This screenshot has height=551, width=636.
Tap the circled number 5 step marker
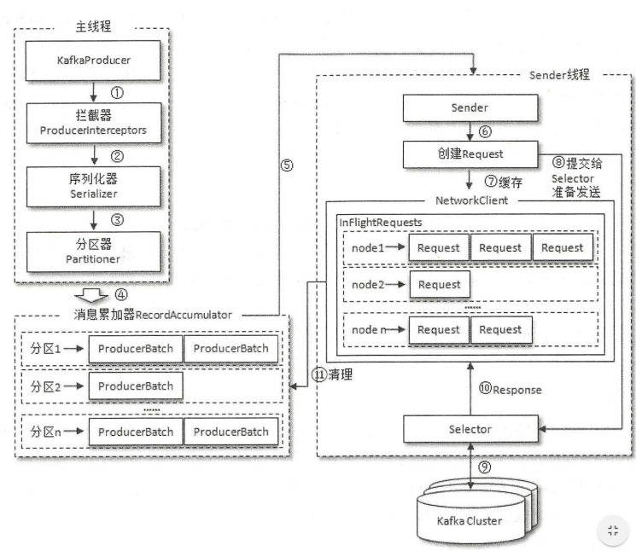pos(288,165)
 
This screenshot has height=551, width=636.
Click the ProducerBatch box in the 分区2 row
pos(135,386)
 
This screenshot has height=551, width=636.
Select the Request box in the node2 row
pos(439,285)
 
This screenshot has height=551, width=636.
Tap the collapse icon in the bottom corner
pos(611,529)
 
